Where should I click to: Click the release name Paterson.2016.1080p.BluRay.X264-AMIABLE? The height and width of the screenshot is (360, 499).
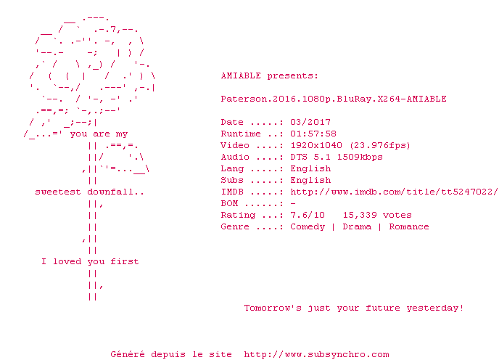click(x=334, y=99)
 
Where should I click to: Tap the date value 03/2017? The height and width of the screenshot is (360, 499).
click(x=310, y=122)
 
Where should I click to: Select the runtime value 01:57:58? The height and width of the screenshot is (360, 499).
click(x=313, y=134)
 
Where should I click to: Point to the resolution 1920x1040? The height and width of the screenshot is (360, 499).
click(x=316, y=145)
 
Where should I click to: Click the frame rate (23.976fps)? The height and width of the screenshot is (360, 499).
click(x=380, y=146)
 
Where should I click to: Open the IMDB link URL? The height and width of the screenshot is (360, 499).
click(x=394, y=192)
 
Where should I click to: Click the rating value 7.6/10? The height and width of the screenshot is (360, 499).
click(x=308, y=215)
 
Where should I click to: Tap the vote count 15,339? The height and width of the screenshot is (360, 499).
click(x=360, y=216)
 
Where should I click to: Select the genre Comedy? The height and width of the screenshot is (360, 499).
click(x=308, y=227)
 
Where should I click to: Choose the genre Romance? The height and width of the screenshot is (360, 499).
click(x=409, y=227)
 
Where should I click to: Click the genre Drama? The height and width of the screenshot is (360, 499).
click(x=357, y=227)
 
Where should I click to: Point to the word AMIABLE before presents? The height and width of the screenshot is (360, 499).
click(x=241, y=75)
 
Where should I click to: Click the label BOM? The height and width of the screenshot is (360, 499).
click(x=229, y=203)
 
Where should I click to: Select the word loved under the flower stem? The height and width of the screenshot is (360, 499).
click(x=67, y=261)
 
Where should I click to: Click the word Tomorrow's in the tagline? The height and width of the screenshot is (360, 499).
click(x=273, y=308)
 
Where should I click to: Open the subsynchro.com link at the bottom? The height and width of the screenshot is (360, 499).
click(x=316, y=354)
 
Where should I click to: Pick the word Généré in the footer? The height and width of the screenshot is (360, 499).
click(x=128, y=354)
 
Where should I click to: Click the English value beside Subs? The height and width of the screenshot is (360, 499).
click(x=310, y=180)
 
